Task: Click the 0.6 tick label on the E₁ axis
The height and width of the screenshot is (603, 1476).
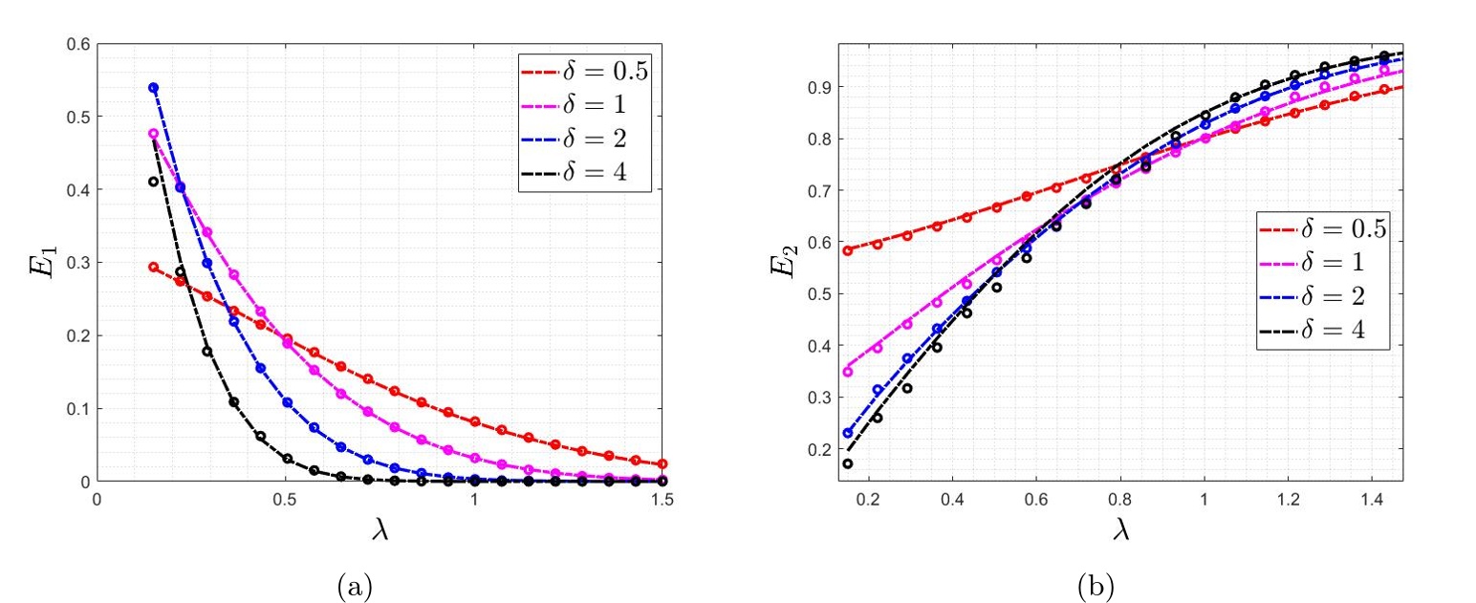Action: point(78,44)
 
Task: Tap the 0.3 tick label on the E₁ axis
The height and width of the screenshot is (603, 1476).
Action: point(78,263)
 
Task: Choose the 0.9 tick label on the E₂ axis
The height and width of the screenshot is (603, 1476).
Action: point(818,87)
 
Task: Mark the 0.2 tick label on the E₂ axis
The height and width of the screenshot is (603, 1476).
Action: point(818,449)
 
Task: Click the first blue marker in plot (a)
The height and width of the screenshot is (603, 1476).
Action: point(153,88)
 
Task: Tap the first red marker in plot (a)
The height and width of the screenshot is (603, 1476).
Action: point(153,268)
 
